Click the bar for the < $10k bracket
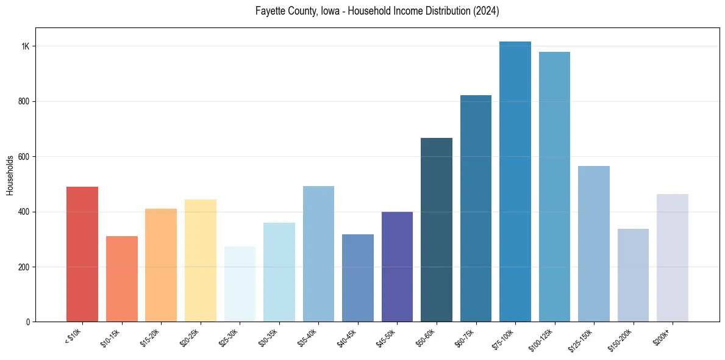(x=82, y=254)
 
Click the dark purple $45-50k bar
(x=397, y=267)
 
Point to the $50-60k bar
(x=437, y=230)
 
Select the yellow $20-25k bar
(x=201, y=261)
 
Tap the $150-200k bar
(x=633, y=275)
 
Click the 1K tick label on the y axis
(x=26, y=46)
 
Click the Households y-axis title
(x=10, y=175)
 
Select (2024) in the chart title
(x=487, y=11)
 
